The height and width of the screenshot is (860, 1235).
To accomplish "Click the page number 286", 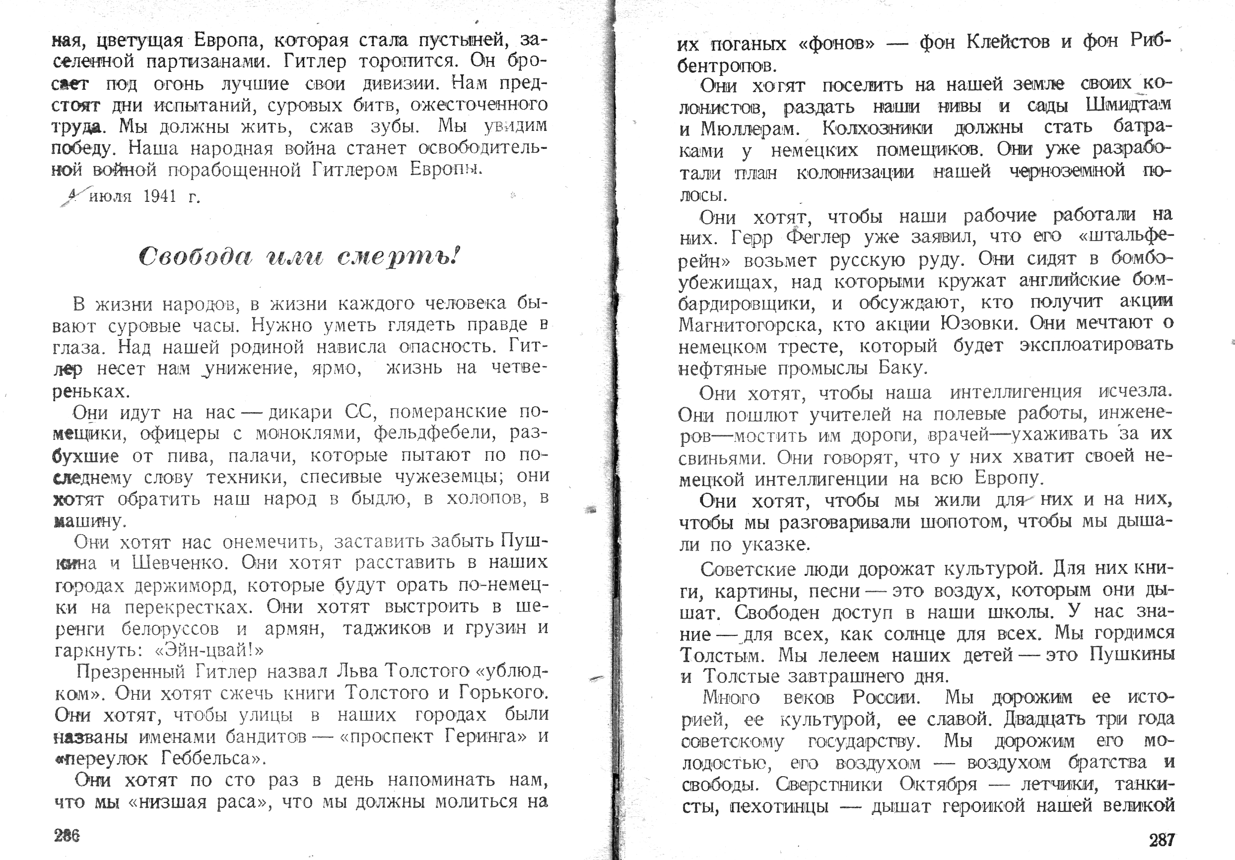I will click(67, 836).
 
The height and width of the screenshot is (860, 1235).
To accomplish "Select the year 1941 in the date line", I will click(160, 197).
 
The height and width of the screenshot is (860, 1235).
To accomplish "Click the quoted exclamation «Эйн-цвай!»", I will click(208, 651).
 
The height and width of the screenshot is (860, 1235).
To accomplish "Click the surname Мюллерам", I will click(747, 129).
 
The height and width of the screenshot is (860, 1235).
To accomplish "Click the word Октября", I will click(938, 785).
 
